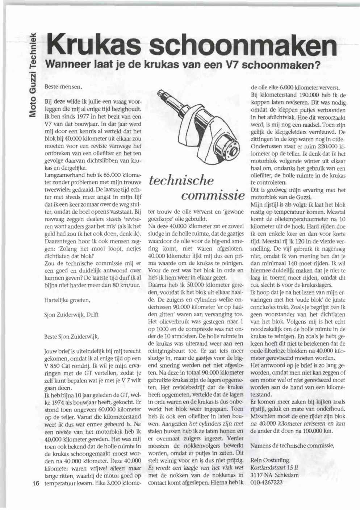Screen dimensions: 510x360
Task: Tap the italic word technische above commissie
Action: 181,180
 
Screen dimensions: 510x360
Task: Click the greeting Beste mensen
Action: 63,87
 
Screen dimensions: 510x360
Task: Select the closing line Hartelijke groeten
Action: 67,300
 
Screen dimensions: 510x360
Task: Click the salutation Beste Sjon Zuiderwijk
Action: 71,336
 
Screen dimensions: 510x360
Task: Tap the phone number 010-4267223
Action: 267,482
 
